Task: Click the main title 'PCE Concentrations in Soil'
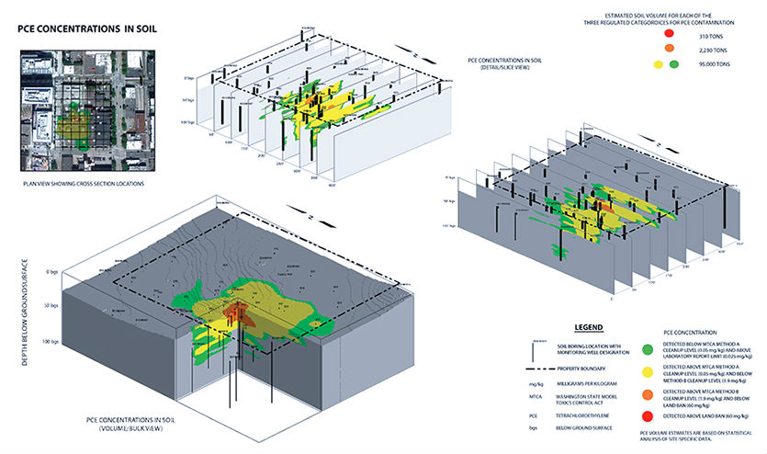(88, 28)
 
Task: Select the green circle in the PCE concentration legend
(649, 348)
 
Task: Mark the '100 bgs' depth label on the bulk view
(55, 342)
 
